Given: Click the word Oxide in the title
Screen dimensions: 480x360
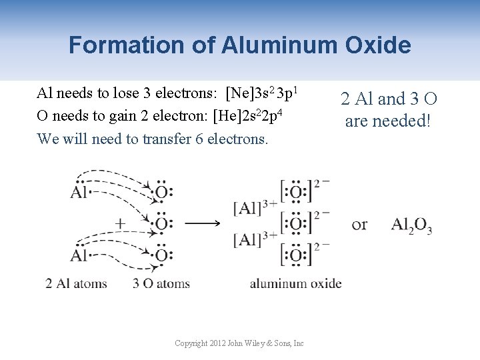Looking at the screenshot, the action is (377, 45).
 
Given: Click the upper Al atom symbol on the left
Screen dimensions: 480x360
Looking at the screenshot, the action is (79, 193).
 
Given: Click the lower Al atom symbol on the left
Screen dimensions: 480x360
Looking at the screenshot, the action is (79, 255).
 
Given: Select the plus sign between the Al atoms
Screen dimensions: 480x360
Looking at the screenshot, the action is (120, 224).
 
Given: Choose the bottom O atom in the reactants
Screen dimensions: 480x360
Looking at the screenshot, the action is (161, 255).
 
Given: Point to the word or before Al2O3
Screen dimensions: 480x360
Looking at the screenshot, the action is (359, 225).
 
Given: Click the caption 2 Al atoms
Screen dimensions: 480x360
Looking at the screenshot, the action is (76, 283).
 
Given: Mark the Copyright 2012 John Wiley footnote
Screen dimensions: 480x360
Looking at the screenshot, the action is (239, 343).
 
